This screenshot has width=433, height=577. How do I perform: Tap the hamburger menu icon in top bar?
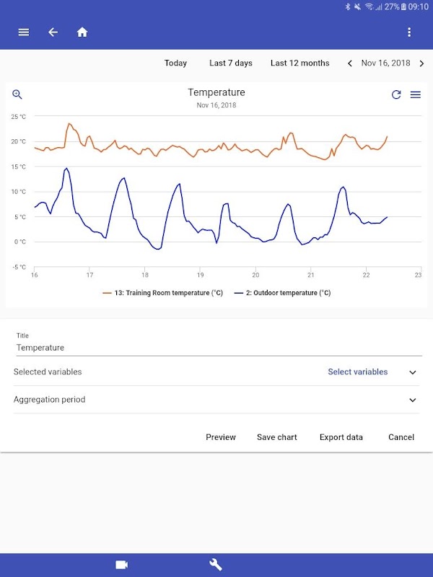tap(24, 32)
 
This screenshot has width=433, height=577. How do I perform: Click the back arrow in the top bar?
tap(53, 32)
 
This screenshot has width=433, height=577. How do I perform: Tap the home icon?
tap(82, 32)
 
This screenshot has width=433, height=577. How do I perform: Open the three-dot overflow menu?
tap(409, 32)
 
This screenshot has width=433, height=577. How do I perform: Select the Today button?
tap(175, 63)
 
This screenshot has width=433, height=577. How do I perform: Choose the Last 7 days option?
tap(231, 63)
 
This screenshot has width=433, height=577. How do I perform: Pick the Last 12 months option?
tap(299, 63)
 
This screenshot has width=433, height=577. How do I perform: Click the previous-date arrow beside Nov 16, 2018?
tap(350, 63)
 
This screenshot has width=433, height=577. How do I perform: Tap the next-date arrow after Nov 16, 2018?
tap(421, 63)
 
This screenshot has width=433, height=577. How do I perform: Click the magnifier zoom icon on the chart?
tap(17, 94)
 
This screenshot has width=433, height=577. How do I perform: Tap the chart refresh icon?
tap(396, 94)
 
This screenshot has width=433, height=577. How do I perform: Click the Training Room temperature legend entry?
tap(165, 293)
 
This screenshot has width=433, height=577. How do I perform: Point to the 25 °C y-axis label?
tap(18, 116)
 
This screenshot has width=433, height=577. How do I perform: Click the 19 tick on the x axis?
tap(201, 275)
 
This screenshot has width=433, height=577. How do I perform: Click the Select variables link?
tap(357, 372)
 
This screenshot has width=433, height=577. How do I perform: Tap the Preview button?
tap(221, 437)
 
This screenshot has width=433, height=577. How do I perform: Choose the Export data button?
tap(341, 437)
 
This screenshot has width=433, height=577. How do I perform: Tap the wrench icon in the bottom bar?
tap(216, 565)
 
